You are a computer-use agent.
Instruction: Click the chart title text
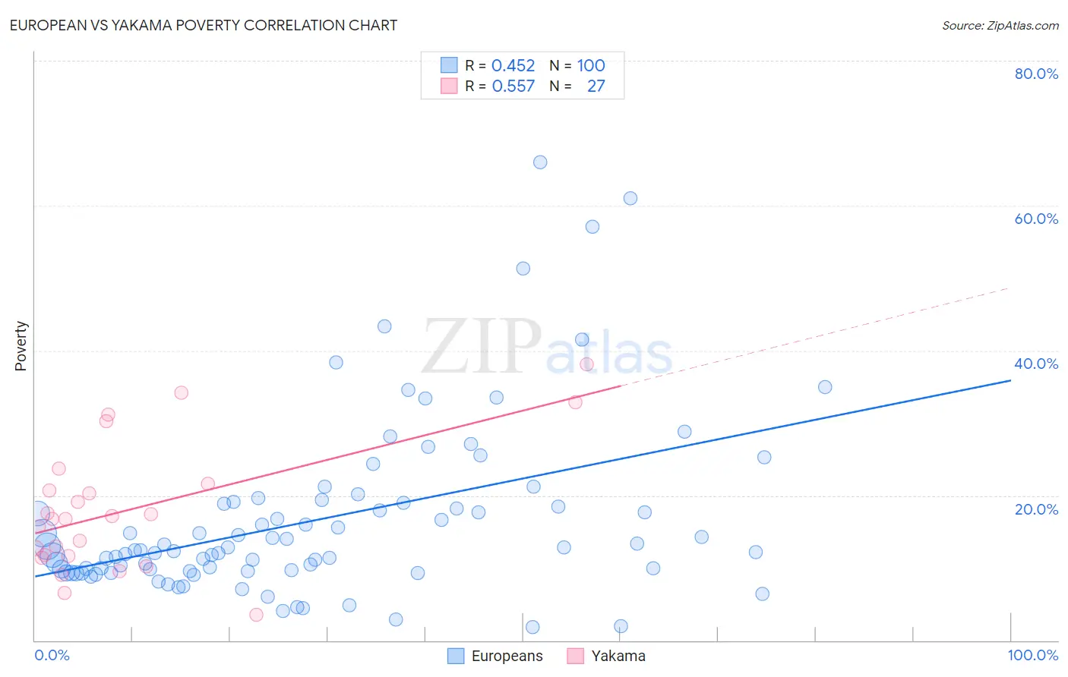[x=204, y=25]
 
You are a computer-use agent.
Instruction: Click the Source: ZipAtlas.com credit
[x=1000, y=26]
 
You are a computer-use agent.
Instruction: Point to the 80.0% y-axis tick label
[x=1036, y=74]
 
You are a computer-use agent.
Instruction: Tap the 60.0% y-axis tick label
[x=1036, y=219]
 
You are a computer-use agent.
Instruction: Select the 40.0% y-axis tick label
[x=1036, y=364]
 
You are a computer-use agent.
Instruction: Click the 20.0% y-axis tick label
[x=1036, y=509]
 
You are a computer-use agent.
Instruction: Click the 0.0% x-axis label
[x=52, y=655]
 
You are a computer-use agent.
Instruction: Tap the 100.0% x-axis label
[x=1032, y=655]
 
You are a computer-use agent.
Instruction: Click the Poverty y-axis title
[x=21, y=346]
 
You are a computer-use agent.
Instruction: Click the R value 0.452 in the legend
[x=513, y=66]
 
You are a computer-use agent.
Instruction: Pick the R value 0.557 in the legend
[x=513, y=87]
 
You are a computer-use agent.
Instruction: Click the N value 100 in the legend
[x=590, y=66]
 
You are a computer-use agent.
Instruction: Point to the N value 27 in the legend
[x=596, y=87]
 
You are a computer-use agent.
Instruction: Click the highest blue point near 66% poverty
[x=540, y=162]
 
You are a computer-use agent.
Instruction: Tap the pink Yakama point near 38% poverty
[x=586, y=364]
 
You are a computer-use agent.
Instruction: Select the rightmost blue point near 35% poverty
[x=825, y=387]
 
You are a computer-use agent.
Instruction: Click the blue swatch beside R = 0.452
[x=449, y=65]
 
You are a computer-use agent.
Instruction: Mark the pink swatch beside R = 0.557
[x=449, y=86]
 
